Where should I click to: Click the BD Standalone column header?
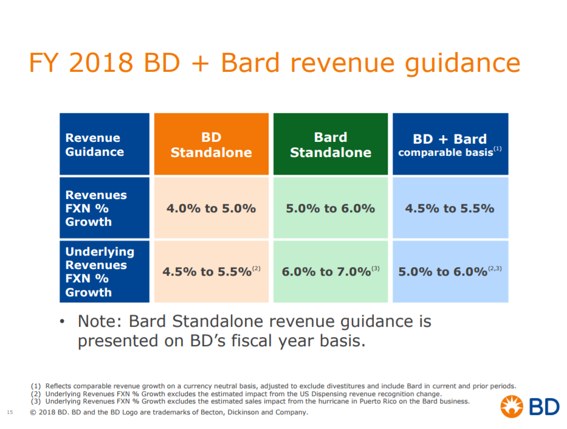211,145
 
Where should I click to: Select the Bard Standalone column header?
330,145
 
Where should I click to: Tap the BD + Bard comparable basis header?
450,145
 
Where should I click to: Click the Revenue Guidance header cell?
105,145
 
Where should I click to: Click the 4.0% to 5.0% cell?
211,208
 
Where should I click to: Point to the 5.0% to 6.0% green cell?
330,208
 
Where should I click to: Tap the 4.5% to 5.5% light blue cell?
450,208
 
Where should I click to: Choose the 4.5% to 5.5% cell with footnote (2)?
211,271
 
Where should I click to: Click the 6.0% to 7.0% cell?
330,271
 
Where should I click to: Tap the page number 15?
10,413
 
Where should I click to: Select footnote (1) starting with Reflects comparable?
273,386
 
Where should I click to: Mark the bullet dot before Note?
63,321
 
